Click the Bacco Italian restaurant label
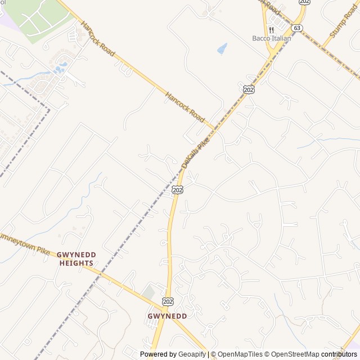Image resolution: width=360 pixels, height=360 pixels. tap(271, 38)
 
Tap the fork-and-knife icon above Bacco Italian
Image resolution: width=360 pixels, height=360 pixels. tap(271, 29)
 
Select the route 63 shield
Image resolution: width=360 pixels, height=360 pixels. tap(298, 28)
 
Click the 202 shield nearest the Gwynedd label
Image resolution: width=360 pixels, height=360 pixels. tap(167, 301)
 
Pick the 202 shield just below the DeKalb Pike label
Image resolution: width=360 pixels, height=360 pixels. tap(178, 190)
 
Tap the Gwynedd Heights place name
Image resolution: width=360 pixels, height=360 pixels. tap(76, 259)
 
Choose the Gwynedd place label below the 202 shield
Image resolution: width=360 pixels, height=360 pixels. tap(167, 316)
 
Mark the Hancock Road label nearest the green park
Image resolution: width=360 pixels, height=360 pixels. tap(98, 39)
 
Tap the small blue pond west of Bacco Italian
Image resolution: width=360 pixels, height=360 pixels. tap(222, 49)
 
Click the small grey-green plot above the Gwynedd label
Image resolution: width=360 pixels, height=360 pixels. tap(148, 292)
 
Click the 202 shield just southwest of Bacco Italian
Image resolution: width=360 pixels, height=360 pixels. tap(249, 89)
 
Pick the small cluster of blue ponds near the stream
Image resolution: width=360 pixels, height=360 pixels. tap(60, 69)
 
